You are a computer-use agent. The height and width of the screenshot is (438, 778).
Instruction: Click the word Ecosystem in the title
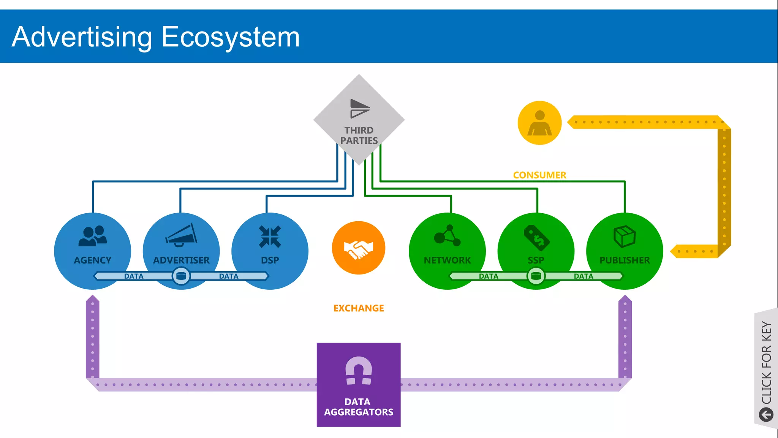[x=231, y=37]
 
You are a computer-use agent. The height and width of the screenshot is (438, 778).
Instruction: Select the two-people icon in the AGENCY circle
[x=93, y=236]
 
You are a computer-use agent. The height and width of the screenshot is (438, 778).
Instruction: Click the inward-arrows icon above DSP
[x=270, y=236]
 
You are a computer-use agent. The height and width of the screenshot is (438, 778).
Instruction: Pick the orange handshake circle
[x=359, y=248]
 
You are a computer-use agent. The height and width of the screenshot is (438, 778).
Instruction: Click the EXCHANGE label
[x=359, y=308]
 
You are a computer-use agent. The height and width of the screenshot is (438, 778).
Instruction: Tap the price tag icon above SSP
[x=536, y=238]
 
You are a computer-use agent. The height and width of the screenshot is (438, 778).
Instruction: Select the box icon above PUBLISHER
[x=625, y=236]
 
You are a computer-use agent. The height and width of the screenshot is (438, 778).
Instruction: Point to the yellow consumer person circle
[x=539, y=123]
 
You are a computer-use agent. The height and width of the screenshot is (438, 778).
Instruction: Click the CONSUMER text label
[x=539, y=175]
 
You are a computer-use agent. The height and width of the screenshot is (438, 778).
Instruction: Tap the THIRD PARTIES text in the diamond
[x=359, y=136]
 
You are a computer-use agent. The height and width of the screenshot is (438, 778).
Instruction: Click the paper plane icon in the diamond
[x=359, y=109]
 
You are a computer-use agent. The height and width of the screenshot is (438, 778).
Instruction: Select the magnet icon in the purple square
[x=359, y=371]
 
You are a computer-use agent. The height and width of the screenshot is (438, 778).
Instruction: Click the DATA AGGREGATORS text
[x=359, y=407]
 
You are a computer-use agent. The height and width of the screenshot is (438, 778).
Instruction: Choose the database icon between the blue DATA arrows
[x=181, y=276]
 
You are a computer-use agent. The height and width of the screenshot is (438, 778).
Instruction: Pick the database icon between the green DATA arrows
[x=536, y=276]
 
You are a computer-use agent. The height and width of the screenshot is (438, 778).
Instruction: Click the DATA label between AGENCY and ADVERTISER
[x=134, y=276]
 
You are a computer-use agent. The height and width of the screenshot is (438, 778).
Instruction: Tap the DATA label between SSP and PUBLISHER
[x=583, y=276]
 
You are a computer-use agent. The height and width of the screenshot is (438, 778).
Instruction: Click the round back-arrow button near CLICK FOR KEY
[x=766, y=414]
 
